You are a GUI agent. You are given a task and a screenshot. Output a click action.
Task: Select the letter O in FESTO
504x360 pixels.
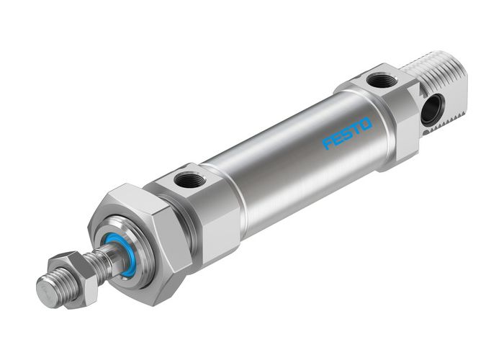pyautogui.click(x=366, y=125)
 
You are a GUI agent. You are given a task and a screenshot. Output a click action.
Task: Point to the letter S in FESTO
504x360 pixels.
pyautogui.click(x=348, y=134)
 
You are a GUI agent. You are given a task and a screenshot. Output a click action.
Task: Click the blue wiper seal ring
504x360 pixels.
pyautogui.click(x=118, y=253)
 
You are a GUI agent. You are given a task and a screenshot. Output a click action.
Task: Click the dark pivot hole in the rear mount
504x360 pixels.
pyautogui.click(x=433, y=109)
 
